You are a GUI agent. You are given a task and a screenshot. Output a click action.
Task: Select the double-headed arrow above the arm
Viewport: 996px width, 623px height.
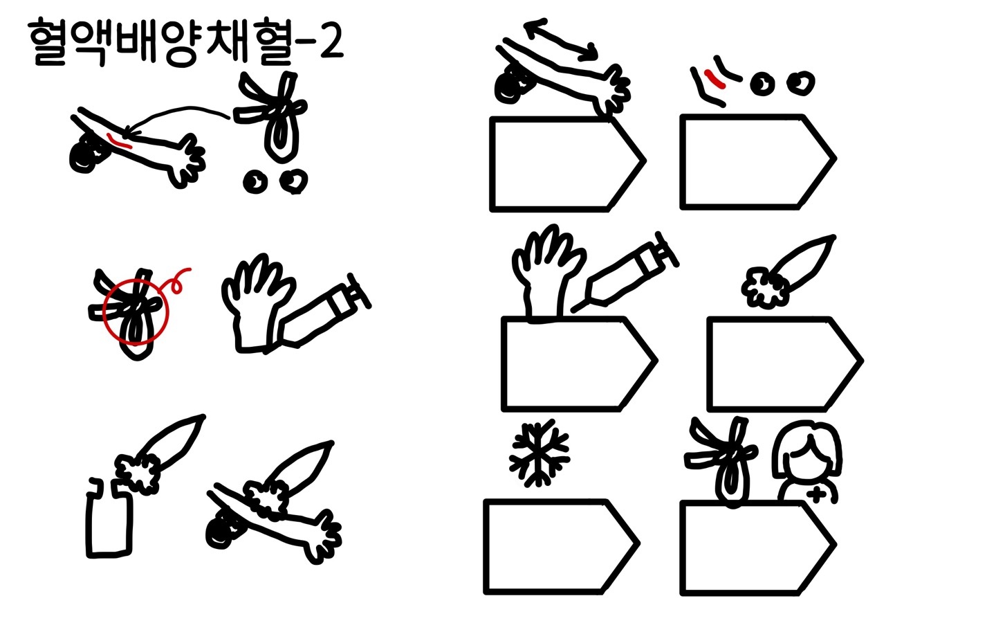click(561, 40)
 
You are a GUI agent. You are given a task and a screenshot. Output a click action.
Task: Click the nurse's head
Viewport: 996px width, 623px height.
click(806, 451)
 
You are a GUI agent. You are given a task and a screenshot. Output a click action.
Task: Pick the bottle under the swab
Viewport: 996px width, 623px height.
click(109, 518)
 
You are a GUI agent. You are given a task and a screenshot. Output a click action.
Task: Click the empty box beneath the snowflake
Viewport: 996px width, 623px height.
click(562, 546)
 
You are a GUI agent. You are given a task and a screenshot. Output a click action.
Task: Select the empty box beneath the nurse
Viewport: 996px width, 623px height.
click(758, 548)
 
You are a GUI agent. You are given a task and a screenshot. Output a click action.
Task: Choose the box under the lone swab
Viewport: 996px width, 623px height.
click(785, 363)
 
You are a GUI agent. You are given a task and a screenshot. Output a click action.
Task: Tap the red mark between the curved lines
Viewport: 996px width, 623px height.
click(714, 78)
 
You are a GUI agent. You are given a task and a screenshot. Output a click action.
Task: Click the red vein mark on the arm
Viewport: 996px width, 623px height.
click(119, 141)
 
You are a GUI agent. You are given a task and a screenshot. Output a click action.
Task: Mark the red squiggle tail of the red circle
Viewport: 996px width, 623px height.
click(178, 280)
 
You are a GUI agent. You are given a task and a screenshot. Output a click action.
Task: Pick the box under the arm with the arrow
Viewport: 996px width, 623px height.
click(568, 164)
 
